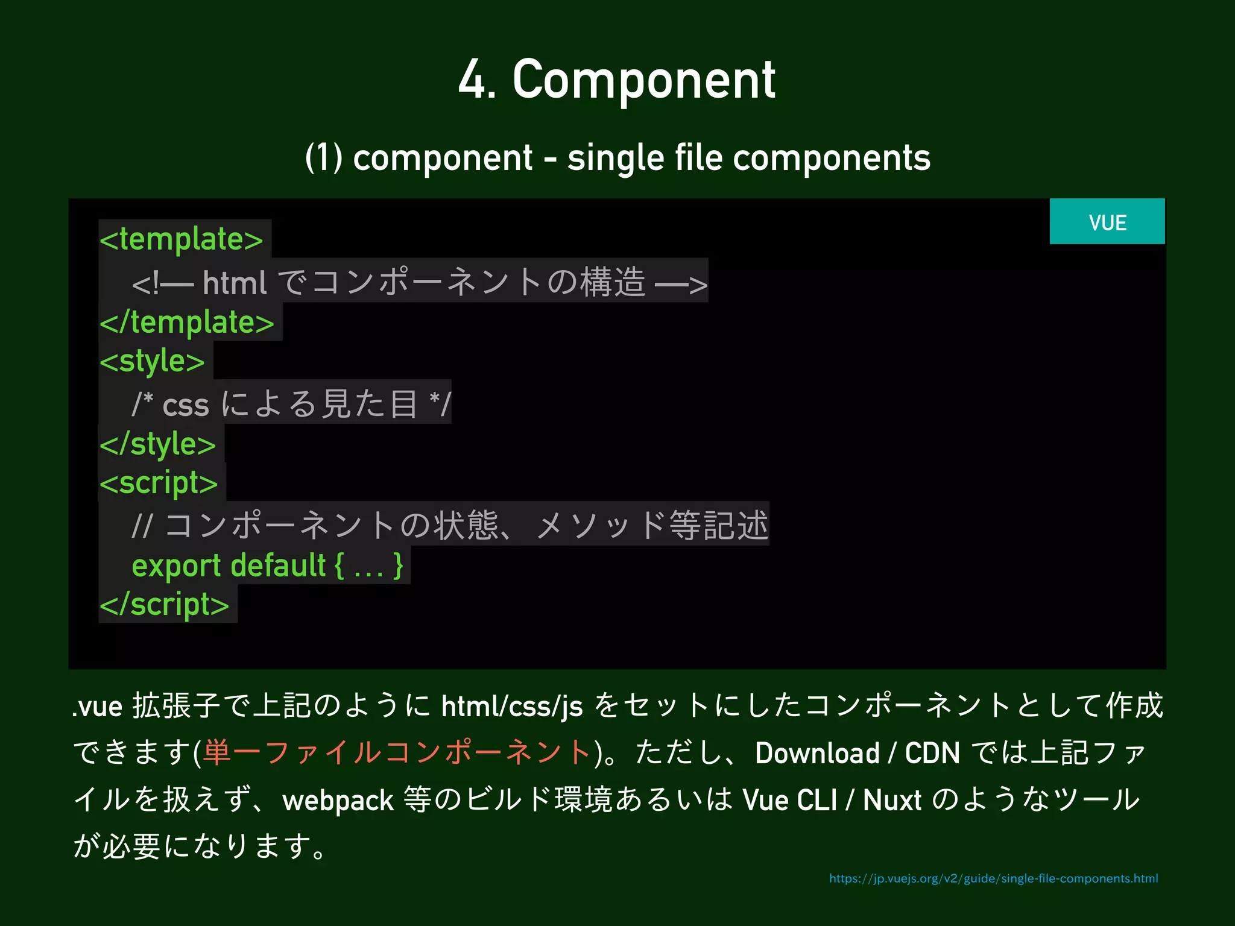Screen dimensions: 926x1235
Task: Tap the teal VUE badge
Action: click(x=1107, y=222)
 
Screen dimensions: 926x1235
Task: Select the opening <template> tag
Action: click(x=182, y=239)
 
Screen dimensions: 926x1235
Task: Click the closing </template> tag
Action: click(x=187, y=323)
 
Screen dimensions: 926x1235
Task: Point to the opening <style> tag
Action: click(x=153, y=362)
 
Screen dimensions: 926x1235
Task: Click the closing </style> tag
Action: click(x=158, y=444)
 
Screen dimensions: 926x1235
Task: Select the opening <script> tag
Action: click(x=159, y=483)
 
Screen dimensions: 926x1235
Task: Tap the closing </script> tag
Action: click(x=165, y=605)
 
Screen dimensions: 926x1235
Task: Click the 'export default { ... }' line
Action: click(x=267, y=566)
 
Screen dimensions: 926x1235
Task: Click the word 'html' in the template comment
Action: click(x=234, y=283)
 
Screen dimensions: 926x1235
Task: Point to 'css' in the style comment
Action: click(x=186, y=405)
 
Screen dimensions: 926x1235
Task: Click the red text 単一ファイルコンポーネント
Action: click(x=397, y=753)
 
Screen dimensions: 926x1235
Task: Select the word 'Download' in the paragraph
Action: click(x=817, y=753)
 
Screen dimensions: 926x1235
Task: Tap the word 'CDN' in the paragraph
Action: click(x=932, y=753)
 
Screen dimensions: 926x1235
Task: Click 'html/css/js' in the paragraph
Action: click(x=512, y=706)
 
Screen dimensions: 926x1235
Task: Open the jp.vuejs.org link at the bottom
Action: click(x=993, y=878)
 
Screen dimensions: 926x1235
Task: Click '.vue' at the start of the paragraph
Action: click(x=98, y=707)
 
